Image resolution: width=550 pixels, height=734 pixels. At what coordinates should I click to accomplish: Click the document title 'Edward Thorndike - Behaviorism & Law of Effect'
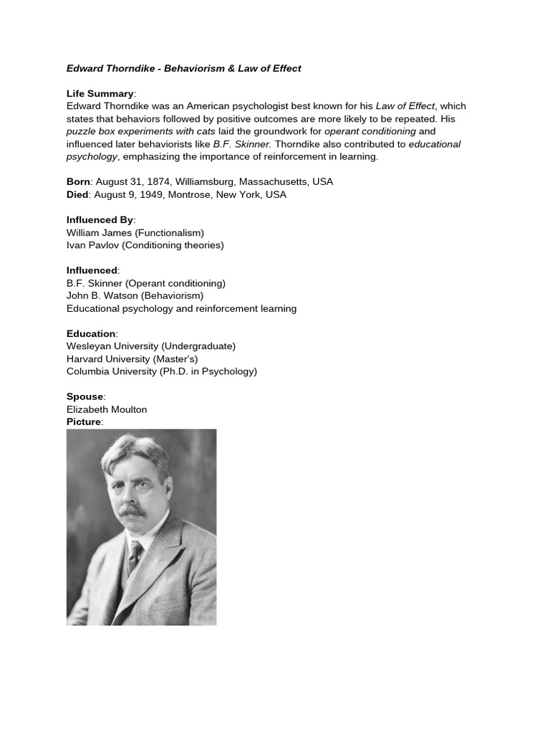tap(183, 69)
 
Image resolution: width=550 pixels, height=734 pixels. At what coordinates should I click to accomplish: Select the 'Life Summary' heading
tap(100, 94)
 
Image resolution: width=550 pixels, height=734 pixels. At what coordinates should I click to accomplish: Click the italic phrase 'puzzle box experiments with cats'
tap(140, 132)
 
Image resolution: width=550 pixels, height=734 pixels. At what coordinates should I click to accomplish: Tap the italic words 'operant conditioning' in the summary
tap(370, 132)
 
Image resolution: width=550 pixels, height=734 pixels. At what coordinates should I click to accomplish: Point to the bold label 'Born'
tap(78, 182)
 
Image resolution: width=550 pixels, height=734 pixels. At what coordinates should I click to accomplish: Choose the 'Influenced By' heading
tap(100, 220)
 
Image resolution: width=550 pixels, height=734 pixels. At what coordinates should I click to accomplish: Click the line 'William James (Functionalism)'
tap(135, 233)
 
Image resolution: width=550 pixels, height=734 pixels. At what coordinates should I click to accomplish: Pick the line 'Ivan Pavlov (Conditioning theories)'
tap(145, 245)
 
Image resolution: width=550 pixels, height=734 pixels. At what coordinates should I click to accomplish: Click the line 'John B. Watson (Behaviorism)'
tap(135, 295)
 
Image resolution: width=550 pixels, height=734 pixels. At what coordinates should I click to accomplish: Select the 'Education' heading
tap(91, 334)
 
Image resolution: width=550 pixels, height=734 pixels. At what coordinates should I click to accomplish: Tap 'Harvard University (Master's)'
tap(132, 358)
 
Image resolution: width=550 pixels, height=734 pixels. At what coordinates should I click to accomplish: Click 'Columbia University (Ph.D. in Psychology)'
tap(161, 371)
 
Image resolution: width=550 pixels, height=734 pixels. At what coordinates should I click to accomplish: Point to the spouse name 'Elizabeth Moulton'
tap(107, 409)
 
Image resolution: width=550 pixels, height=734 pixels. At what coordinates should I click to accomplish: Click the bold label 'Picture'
tap(84, 422)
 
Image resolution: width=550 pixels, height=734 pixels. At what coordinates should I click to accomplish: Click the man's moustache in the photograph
tap(132, 510)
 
